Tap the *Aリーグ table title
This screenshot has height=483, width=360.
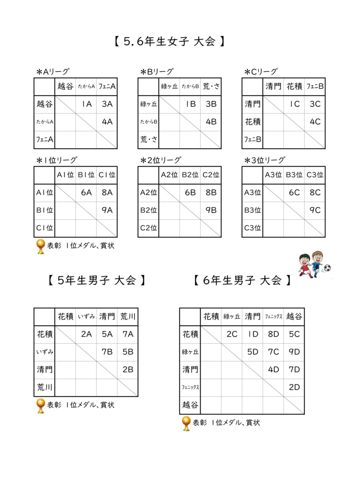coord(53,72)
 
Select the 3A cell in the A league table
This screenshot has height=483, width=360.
coord(107,104)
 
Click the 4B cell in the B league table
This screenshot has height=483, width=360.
coord(211,122)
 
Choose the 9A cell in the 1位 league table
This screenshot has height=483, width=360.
coord(107,210)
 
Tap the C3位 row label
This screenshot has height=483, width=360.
coord(252,228)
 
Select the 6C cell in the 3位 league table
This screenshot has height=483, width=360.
coord(294,192)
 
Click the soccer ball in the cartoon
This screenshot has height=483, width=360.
coord(327,268)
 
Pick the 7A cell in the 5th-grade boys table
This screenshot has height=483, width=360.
coord(128,334)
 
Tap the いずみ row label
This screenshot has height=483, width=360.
coord(44,352)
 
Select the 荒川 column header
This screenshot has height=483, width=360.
coord(128,316)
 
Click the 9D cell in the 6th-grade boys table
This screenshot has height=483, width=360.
coord(294,352)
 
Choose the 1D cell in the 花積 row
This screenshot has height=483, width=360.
coord(252,334)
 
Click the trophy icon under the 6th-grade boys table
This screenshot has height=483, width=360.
coord(186,423)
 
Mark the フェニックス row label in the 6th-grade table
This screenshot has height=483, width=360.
coord(190,387)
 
